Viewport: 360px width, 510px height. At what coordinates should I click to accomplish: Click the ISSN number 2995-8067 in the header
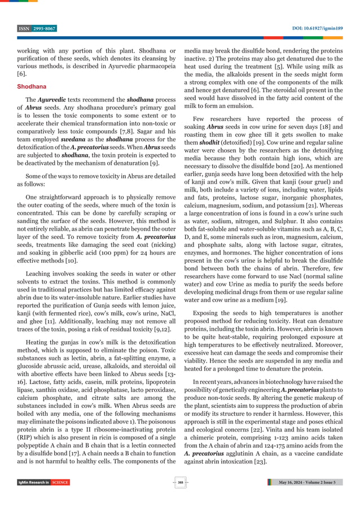click(x=45, y=28)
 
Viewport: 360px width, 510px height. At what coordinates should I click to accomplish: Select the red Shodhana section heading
click(x=32, y=87)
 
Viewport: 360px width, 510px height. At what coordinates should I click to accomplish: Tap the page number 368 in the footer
click(x=180, y=482)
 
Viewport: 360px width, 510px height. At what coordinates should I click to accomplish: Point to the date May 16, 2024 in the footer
click(x=295, y=482)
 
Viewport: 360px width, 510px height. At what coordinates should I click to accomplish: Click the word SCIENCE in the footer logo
click(x=60, y=482)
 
